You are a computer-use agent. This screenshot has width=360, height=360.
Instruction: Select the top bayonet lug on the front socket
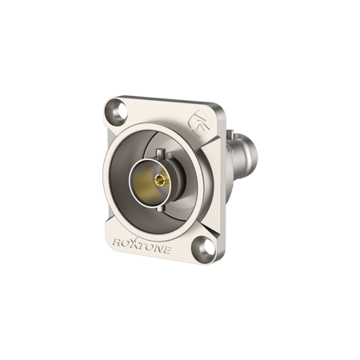pos(160,154)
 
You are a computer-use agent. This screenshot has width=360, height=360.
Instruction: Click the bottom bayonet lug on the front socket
pos(161,210)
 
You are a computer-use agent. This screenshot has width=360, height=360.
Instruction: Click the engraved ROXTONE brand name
pos(142,245)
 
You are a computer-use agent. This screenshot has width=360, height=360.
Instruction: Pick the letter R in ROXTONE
pos(118,242)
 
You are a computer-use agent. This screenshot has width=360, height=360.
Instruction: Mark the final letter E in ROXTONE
pos(166,250)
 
